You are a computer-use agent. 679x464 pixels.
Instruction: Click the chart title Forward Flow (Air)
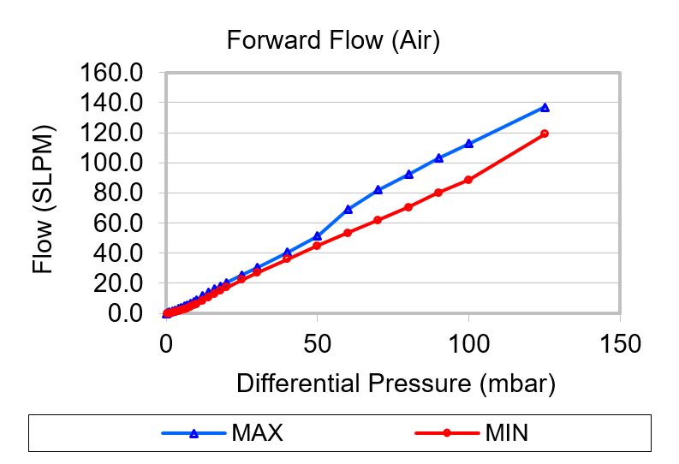pos(332,40)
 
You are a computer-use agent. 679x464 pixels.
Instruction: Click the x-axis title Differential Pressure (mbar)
pos(396,383)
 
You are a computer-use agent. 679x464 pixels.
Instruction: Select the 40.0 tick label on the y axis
pos(116,253)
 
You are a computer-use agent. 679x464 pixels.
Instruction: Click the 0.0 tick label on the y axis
pos(123,313)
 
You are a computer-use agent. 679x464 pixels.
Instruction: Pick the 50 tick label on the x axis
pos(317,344)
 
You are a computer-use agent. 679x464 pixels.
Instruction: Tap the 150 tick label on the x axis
pos(619,344)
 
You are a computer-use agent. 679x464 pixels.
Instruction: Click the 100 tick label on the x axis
pos(468,344)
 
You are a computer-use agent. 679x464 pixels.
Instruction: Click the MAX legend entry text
pos(257,432)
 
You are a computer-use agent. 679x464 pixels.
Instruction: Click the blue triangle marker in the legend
pos(194,433)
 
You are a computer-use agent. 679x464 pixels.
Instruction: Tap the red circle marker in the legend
pos(446,433)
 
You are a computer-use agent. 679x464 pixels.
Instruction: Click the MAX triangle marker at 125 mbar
pos(545,108)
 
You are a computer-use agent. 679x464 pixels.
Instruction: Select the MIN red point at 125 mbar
pos(545,134)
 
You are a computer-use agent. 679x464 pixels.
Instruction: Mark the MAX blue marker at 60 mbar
pos(348,209)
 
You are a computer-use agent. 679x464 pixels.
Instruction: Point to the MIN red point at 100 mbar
pos(468,180)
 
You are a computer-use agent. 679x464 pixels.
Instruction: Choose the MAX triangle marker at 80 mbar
pos(408,174)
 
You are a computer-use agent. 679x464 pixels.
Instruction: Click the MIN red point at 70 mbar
pos(378,220)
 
